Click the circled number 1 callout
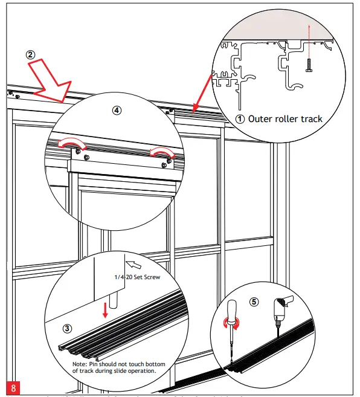pyautogui.click(x=240, y=119)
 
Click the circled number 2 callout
pyautogui.click(x=30, y=54)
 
